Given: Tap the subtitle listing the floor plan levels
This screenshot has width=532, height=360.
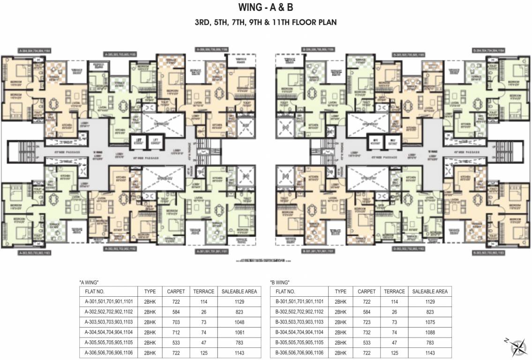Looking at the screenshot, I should coord(266,22).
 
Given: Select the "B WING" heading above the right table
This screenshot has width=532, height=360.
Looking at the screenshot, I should coord(280,283).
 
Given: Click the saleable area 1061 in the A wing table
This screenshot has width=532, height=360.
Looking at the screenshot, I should coord(239,332).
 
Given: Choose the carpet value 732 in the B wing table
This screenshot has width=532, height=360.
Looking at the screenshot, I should coord(367,332).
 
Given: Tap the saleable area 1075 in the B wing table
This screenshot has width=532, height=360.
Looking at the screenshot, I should coord(430,322).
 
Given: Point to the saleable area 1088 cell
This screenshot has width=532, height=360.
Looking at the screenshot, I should coord(430,332).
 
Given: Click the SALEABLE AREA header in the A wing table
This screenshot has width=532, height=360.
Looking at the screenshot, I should coord(239,291).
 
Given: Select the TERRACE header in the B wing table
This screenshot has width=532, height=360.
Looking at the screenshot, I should coord(394,291).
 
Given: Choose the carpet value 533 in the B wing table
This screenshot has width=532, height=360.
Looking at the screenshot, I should coord(367,343).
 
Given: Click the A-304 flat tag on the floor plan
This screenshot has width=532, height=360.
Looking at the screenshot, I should coord(34,50).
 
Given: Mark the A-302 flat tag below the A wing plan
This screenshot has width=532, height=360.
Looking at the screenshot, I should coord(120,249).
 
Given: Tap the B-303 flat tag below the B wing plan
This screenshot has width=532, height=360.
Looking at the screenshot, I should coord(488,253).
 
